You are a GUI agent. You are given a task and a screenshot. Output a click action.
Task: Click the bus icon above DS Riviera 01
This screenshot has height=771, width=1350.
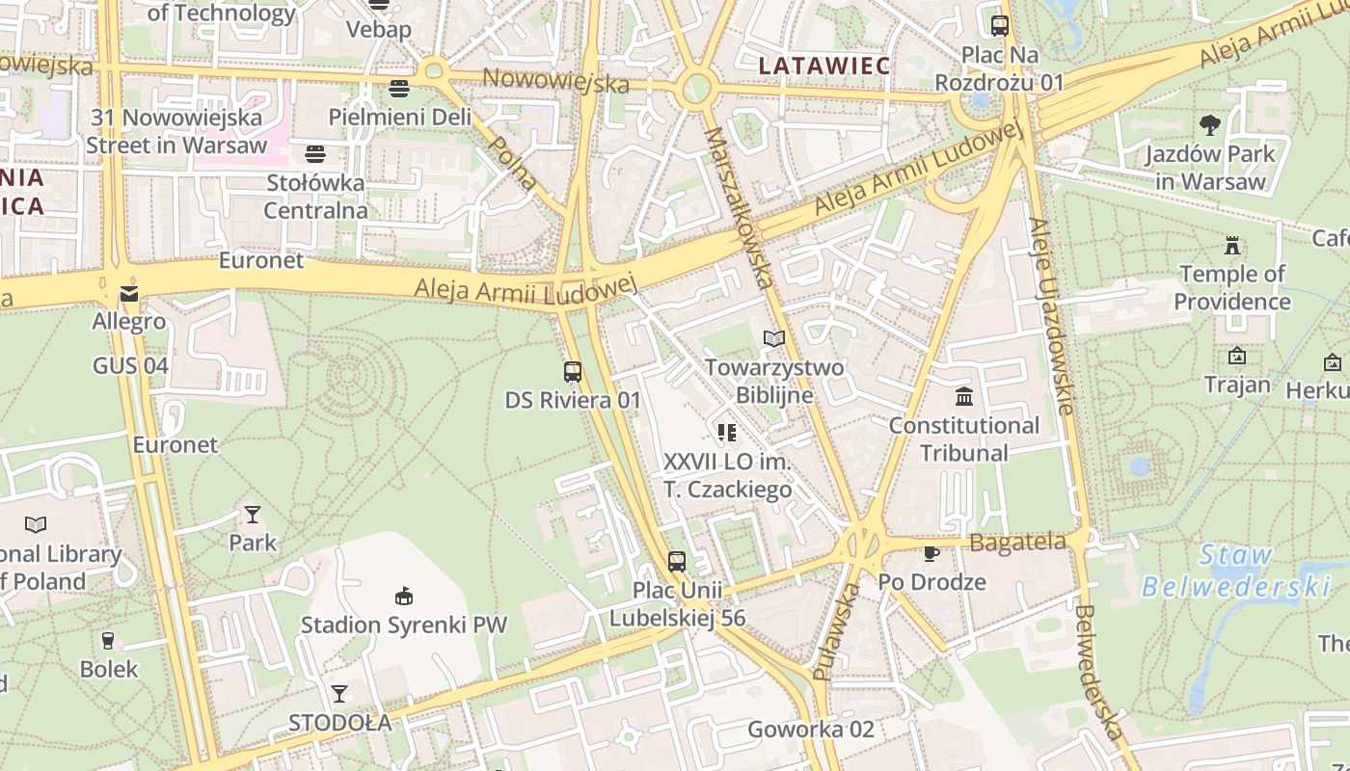573,371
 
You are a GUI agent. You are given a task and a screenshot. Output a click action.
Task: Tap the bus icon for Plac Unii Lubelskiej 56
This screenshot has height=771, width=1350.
677,561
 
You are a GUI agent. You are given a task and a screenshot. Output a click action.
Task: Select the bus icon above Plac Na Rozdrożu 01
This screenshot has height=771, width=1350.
1000,26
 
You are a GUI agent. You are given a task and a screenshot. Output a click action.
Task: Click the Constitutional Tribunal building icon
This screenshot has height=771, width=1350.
963,396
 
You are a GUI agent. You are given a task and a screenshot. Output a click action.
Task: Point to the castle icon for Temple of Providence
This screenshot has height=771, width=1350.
1231,245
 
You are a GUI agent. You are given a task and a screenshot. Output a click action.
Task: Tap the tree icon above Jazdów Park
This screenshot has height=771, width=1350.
1209,124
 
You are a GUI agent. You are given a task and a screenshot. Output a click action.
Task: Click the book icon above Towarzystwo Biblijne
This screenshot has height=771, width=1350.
774,338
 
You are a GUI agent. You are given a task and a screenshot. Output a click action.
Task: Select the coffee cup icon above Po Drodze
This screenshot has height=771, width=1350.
931,553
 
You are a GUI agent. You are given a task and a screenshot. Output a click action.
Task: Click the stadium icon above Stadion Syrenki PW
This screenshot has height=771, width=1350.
404,596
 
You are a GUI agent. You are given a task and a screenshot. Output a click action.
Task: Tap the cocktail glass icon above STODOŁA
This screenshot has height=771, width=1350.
339,693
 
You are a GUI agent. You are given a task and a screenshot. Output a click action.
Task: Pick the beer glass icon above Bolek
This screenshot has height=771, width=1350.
108,640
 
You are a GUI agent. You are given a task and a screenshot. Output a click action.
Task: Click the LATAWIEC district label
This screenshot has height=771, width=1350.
823,66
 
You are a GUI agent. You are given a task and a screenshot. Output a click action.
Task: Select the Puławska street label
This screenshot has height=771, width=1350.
836,631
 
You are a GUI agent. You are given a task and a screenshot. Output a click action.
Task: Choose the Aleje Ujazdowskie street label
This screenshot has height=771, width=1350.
1051,316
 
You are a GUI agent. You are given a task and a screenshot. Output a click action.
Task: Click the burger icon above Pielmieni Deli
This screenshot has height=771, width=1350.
399,89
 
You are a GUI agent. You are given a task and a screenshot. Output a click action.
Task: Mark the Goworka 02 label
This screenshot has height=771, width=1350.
811,730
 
